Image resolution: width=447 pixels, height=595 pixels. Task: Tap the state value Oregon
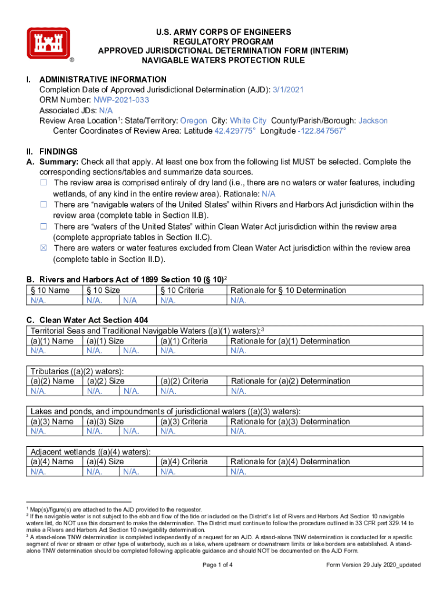point(193,121)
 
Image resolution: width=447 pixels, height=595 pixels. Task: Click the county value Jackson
point(373,121)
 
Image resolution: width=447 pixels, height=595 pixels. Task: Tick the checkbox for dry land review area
point(44,183)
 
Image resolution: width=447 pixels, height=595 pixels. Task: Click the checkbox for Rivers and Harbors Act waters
point(44,205)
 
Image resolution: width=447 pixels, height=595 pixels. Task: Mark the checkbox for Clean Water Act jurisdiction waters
point(44,227)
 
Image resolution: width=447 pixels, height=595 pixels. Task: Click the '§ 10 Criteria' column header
point(182,291)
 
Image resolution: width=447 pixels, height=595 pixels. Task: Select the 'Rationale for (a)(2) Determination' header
point(290,381)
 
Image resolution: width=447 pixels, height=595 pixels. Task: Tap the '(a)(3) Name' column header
point(52,421)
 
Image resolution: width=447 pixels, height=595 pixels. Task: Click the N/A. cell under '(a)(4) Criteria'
point(168,472)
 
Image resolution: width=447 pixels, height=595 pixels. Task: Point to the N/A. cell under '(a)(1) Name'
point(39,351)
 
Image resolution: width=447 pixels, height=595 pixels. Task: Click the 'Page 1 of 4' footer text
point(218,565)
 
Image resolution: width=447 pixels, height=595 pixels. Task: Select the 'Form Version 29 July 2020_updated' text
point(373,565)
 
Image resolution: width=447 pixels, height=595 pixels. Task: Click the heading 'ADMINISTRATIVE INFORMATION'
point(103,79)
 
